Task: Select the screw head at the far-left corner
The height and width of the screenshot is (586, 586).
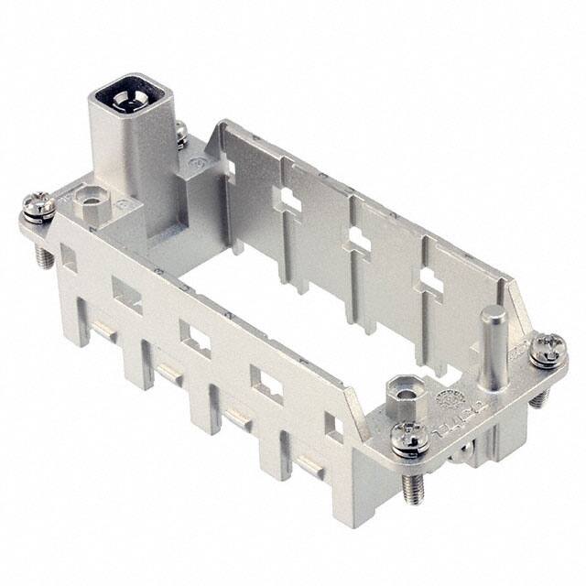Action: [38, 206]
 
